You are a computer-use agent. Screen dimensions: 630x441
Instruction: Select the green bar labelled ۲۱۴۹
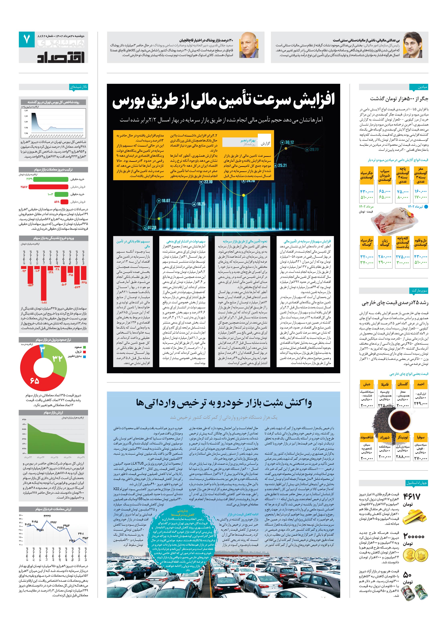51,179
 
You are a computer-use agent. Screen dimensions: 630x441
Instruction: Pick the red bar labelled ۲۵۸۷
48,187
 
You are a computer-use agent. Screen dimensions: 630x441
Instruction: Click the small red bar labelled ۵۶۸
64,202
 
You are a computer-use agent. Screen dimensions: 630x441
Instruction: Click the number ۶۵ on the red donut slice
35,381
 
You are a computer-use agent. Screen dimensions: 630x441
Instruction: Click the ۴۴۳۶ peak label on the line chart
47,516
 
